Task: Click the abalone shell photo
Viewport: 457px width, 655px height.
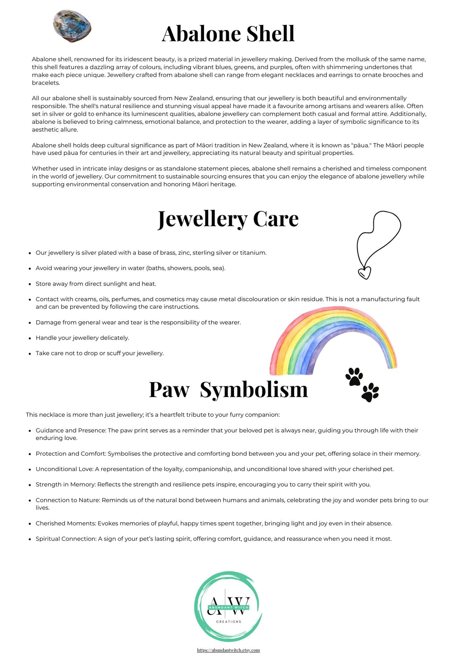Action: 72,26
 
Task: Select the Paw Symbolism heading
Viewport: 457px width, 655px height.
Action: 228,389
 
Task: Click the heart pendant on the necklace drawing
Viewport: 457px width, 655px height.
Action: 364,272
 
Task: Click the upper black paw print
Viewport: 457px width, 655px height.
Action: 354,376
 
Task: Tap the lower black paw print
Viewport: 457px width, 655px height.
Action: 370,392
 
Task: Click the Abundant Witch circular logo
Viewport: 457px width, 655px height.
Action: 228,607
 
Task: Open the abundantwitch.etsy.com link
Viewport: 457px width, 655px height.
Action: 228,650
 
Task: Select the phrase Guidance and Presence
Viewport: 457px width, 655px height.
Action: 70,430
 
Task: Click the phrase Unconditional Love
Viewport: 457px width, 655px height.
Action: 64,469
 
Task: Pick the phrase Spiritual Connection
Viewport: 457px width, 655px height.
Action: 66,539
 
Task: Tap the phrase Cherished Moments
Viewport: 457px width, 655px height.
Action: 65,523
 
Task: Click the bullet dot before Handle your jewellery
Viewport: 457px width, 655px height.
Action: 29,338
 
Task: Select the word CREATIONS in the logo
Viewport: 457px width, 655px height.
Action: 229,622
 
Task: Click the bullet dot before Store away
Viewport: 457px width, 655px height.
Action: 29,284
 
